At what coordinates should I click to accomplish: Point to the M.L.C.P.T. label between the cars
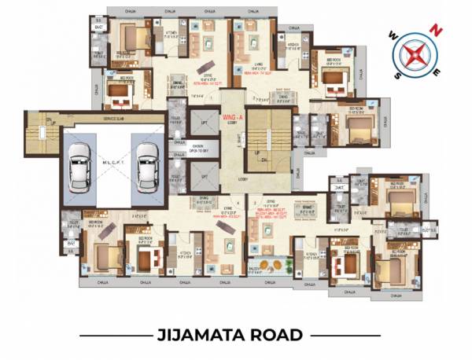point(112,162)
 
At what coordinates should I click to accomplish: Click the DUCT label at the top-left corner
point(98,27)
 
